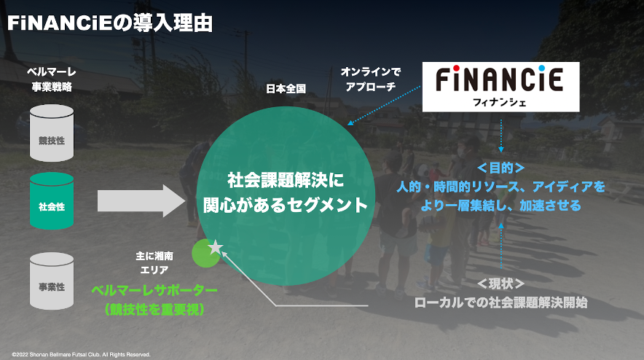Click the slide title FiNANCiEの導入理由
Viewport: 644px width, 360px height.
click(110, 22)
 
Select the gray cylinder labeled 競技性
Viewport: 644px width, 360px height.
click(52, 133)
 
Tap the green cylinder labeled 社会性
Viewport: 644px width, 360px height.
click(52, 200)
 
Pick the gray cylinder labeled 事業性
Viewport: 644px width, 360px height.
click(52, 281)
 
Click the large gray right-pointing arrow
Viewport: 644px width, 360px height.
click(141, 200)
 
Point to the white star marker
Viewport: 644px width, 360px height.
click(215, 248)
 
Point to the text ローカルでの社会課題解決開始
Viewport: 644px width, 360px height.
click(501, 302)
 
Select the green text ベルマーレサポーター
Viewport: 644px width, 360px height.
click(154, 291)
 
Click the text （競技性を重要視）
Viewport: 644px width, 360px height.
click(154, 310)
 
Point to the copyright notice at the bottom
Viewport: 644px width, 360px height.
click(81, 355)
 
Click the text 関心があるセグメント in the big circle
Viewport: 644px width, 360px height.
click(286, 206)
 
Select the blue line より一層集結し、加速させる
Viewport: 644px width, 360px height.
click(501, 206)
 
